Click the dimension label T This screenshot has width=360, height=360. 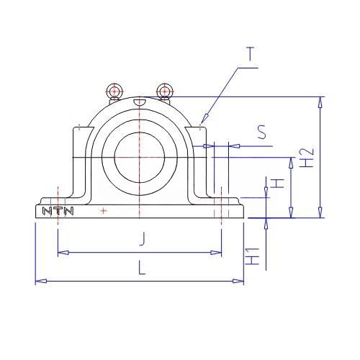(x=250, y=54)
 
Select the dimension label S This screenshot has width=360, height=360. (x=262, y=132)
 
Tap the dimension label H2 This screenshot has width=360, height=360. (x=307, y=158)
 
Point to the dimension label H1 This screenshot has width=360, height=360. (x=253, y=256)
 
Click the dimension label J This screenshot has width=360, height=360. (x=143, y=239)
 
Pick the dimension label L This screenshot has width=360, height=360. (x=142, y=268)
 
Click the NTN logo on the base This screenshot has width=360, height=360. (x=58, y=211)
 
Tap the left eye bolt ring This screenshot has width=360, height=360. (x=114, y=91)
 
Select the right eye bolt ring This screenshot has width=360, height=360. (x=164, y=91)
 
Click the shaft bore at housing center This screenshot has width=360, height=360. (x=140, y=157)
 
